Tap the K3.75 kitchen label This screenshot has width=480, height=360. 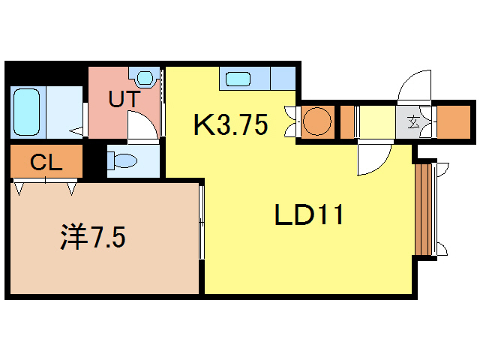(231, 124)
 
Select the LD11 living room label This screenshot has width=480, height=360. (309, 214)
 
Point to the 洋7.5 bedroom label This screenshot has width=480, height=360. (93, 237)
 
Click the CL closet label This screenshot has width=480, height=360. (46, 162)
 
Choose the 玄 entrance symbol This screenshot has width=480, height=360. (413, 123)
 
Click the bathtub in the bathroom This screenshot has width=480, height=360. (27, 112)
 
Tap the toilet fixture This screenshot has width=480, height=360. (122, 160)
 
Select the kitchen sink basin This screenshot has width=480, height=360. (238, 79)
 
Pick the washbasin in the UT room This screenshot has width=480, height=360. (145, 78)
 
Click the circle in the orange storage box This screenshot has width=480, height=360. (317, 121)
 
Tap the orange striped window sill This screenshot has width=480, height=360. (424, 209)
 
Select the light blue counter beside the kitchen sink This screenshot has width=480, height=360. (283, 78)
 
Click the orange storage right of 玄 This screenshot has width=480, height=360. (453, 122)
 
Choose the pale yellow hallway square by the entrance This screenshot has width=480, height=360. (377, 122)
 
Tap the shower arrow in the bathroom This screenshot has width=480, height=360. (76, 131)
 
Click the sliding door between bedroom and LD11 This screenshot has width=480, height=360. (202, 223)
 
